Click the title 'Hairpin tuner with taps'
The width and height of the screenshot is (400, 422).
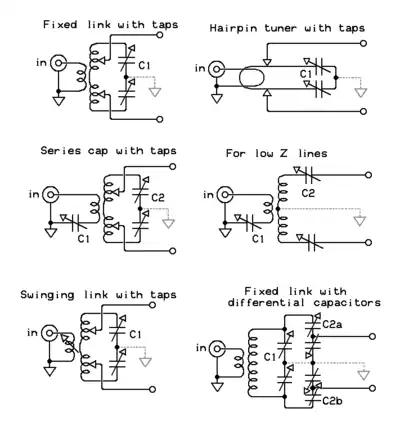tap(287, 28)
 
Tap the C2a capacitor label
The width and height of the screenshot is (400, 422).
tap(332, 324)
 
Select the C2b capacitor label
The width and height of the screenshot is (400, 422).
tap(332, 401)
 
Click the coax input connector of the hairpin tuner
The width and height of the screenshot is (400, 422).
tap(217, 69)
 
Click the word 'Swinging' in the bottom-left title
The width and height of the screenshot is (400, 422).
tap(47, 295)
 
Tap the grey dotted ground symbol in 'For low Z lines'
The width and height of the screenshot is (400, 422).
tap(359, 221)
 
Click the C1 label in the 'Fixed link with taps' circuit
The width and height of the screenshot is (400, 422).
tap(144, 66)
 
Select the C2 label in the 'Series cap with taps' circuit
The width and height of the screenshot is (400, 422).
tap(158, 198)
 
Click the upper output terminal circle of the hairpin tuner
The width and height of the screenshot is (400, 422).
tap(364, 43)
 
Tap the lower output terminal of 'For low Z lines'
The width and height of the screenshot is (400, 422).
tap(368, 242)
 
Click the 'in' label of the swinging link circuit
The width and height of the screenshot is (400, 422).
tap(32, 333)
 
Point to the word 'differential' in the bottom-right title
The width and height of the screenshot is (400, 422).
tap(266, 303)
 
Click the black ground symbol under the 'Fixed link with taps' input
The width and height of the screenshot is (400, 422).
tap(58, 101)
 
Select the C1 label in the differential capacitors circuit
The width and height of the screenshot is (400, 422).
tap(270, 357)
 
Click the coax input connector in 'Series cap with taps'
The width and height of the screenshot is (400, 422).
tap(51, 195)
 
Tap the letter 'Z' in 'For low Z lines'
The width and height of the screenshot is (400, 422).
tap(285, 153)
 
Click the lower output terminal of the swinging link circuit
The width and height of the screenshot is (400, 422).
tap(152, 389)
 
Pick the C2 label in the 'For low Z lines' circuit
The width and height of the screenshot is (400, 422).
tap(308, 193)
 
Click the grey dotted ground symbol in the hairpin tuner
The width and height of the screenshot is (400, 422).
tap(360, 92)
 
